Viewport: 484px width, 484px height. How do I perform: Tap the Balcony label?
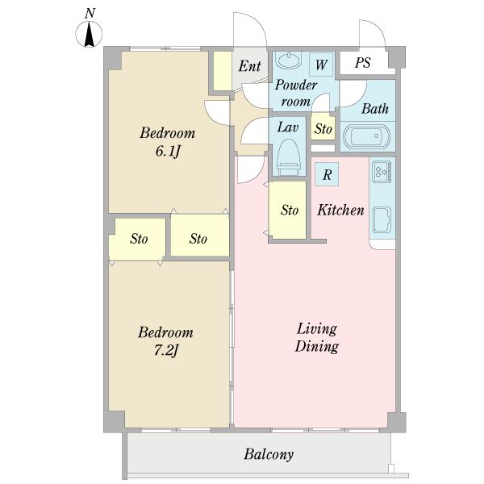[x=269, y=454]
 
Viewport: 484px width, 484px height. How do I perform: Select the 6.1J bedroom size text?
[x=168, y=152]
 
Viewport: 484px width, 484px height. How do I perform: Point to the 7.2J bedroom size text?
[x=166, y=351]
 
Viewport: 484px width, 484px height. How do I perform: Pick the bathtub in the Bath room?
[x=367, y=137]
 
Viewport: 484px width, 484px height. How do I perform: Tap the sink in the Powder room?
[x=289, y=60]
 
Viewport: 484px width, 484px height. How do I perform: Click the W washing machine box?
[x=321, y=65]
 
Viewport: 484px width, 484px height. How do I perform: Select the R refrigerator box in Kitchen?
[x=327, y=174]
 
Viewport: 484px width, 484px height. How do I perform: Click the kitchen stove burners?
[x=382, y=171]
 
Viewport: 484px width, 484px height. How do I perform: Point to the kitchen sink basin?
[x=382, y=219]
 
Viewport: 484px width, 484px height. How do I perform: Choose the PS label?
[x=362, y=63]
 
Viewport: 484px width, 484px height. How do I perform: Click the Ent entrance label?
[x=250, y=66]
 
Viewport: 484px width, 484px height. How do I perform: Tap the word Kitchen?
[x=340, y=211]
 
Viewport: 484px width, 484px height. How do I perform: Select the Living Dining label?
[x=317, y=337]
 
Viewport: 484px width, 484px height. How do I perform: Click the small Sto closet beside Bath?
[x=323, y=128]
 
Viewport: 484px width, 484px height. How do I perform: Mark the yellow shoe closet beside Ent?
[x=223, y=71]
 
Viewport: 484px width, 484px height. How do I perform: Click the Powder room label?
[x=296, y=93]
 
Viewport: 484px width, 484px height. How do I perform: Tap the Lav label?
[x=287, y=127]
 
